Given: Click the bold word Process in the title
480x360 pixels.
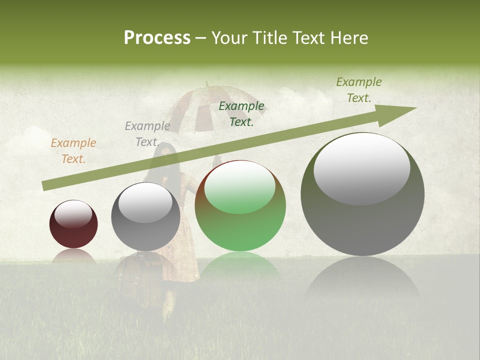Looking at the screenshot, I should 157,38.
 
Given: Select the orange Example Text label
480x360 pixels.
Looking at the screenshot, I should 73,151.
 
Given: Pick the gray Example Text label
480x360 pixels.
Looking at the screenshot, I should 147,134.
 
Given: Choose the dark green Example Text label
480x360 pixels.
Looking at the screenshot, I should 241,114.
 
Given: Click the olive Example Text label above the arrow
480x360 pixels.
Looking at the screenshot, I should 359,90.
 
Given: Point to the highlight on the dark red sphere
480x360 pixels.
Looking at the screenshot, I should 73,214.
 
